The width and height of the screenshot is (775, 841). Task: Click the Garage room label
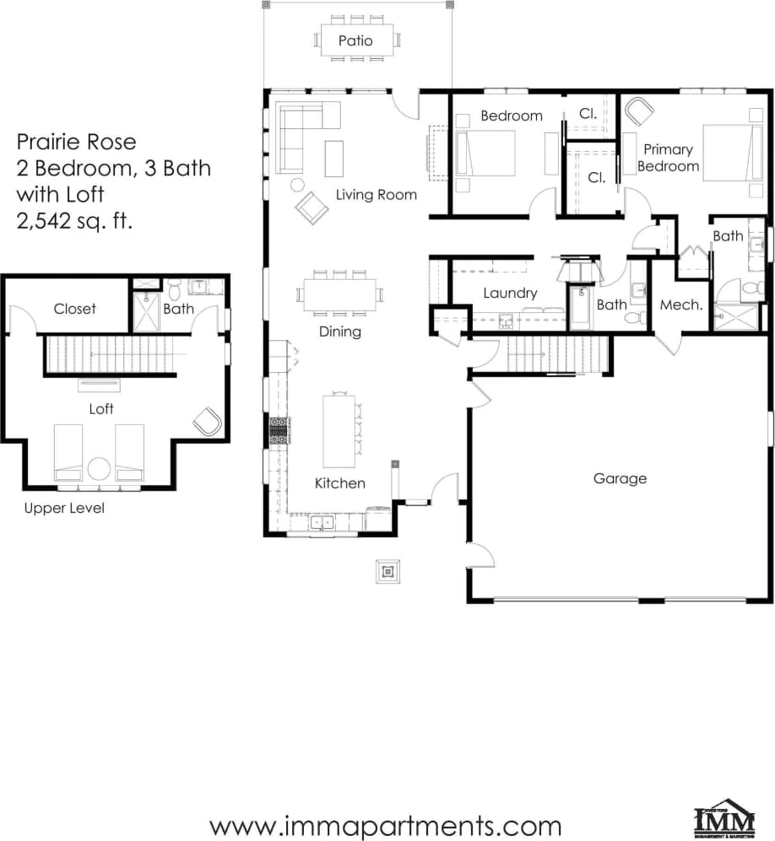click(619, 478)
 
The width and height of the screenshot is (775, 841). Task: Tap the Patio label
click(355, 40)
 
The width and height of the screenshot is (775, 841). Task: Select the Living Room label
click(377, 195)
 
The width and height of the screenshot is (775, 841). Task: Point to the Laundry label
click(510, 294)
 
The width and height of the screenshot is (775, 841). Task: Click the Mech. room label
click(681, 305)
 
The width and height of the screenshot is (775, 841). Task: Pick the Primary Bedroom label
click(668, 158)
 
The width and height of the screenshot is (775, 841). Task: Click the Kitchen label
click(340, 483)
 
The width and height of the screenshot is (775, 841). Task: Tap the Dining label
click(340, 332)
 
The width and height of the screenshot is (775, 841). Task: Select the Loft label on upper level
click(102, 409)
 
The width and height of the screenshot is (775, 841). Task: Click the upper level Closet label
click(75, 309)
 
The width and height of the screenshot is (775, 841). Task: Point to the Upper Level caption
click(64, 509)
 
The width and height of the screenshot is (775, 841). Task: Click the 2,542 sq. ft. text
click(77, 221)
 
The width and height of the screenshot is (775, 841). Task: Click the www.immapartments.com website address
click(385, 824)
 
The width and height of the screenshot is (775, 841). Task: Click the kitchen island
click(339, 431)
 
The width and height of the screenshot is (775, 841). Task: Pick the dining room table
click(340, 294)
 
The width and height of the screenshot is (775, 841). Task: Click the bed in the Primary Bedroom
click(725, 153)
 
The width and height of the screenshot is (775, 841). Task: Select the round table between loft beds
click(99, 469)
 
